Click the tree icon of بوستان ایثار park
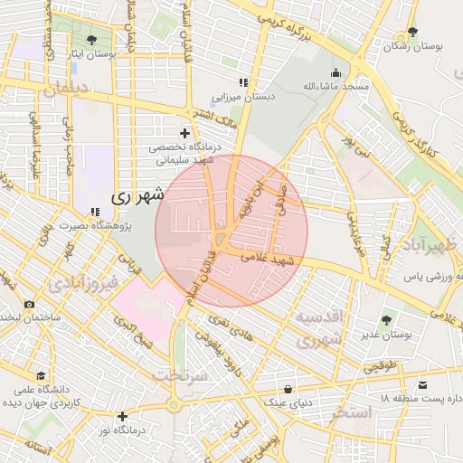click(x=92, y=40)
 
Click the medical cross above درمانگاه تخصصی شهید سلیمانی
click(x=185, y=133)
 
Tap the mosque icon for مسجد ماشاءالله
click(x=336, y=73)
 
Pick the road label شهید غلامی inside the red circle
click(x=269, y=260)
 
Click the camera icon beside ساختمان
click(x=30, y=304)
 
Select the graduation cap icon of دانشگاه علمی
click(x=40, y=375)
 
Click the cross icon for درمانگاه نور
click(x=122, y=416)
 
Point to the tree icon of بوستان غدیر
click(x=387, y=320)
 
